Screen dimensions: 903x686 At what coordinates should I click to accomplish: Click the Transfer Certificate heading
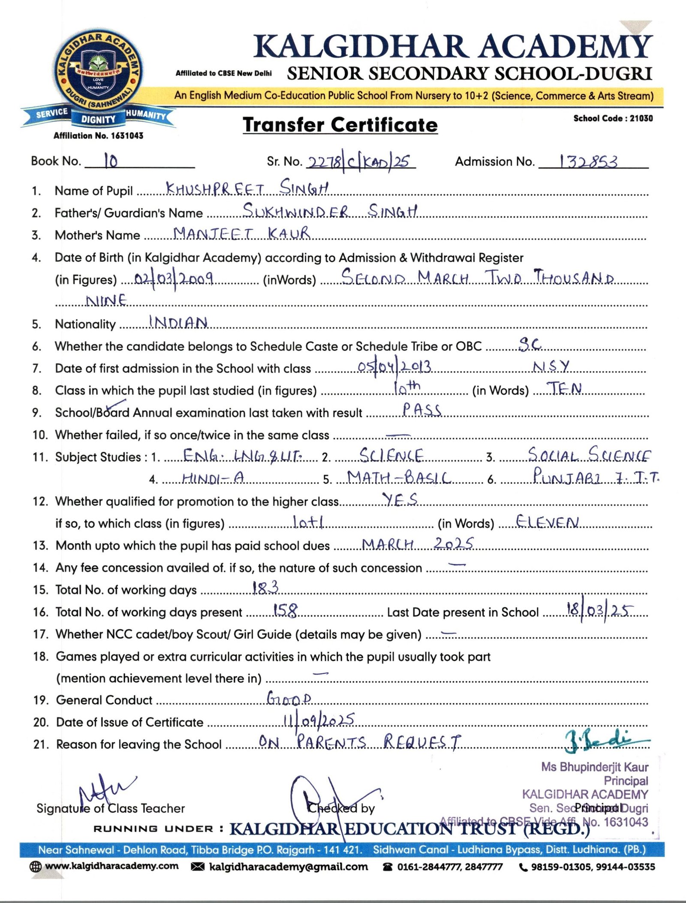(x=340, y=125)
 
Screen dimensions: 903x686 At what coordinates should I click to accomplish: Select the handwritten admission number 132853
(x=588, y=162)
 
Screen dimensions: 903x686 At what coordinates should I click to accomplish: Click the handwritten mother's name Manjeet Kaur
(x=241, y=233)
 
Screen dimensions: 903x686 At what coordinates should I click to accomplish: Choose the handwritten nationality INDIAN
(x=178, y=322)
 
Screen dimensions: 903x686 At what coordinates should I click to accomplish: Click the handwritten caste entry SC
(x=530, y=344)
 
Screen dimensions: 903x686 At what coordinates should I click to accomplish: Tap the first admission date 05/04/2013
(x=394, y=367)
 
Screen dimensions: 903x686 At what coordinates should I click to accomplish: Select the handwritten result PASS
(x=421, y=410)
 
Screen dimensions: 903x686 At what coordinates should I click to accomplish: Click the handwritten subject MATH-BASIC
(x=399, y=477)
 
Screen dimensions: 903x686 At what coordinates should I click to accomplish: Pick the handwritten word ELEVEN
(x=547, y=522)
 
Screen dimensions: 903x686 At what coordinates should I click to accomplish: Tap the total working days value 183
(x=265, y=588)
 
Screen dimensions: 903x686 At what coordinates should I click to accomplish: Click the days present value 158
(x=285, y=610)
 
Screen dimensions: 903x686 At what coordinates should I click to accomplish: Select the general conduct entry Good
(x=289, y=699)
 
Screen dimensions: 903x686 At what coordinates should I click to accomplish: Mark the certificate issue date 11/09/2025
(x=319, y=720)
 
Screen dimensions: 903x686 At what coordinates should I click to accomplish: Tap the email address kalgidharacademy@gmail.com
(x=288, y=867)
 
